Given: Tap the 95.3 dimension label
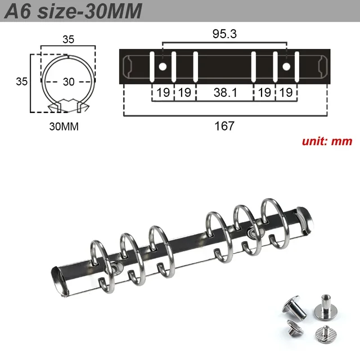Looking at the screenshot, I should point(224,34).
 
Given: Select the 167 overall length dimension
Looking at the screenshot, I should point(224,126).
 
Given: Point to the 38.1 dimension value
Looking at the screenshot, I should point(224,93).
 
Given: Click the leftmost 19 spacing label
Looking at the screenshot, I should point(163,93).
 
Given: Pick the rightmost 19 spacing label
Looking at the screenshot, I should point(286,93).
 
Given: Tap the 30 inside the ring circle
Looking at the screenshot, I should point(69,82).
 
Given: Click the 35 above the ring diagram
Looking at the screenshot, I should point(68,40).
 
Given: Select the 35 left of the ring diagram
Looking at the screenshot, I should point(21,81).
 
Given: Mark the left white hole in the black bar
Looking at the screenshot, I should point(163,67).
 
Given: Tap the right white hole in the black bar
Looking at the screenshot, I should point(286,67).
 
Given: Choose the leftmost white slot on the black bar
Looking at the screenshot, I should point(152,67).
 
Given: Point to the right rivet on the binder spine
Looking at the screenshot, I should point(251,231).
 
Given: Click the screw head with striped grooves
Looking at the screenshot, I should point(322,334).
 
